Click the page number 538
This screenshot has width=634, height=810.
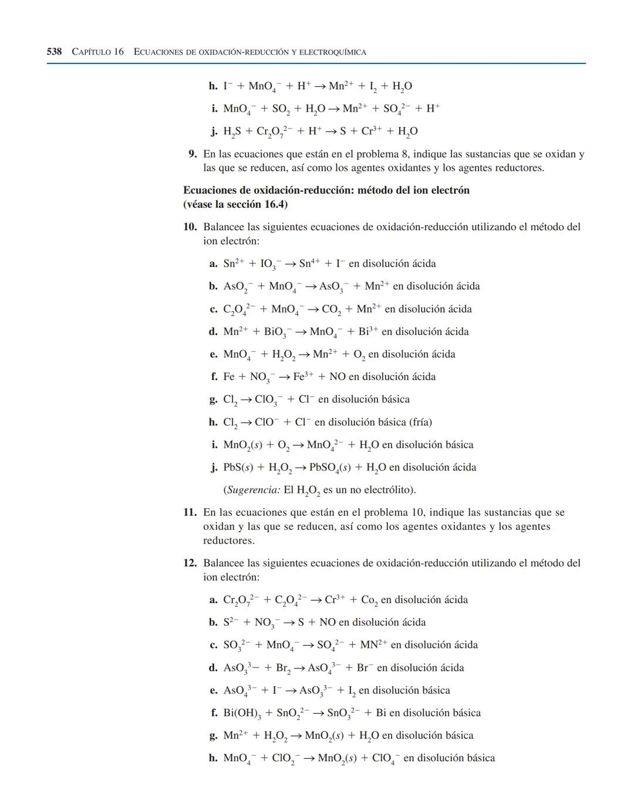pyautogui.click(x=54, y=52)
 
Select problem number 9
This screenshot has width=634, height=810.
pyautogui.click(x=192, y=154)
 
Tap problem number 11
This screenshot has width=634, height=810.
pyautogui.click(x=189, y=512)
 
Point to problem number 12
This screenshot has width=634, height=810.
pyautogui.click(x=189, y=563)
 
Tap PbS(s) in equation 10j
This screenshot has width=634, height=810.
pyautogui.click(x=238, y=468)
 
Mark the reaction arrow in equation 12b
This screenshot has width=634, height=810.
pyautogui.click(x=286, y=623)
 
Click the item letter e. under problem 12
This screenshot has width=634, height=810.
pyautogui.click(x=214, y=691)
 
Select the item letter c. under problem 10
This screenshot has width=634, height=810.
pyautogui.click(x=214, y=310)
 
